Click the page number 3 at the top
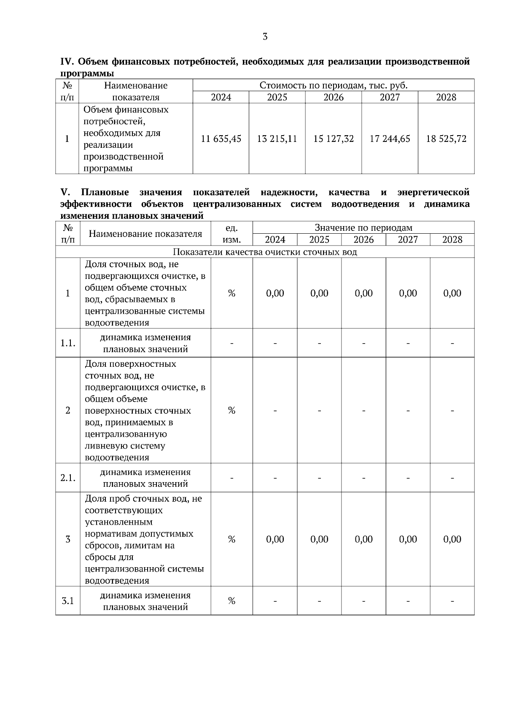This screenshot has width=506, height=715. pos(265,37)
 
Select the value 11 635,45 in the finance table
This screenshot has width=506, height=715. pos(221,139)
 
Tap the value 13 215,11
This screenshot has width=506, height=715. pos(277,139)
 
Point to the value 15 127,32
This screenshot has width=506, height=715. pos(334,139)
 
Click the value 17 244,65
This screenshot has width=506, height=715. pos(390,139)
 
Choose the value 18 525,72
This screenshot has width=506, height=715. pos(446,139)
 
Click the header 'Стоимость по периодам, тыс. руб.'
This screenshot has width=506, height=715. pos(334,85)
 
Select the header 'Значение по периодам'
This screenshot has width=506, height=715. pos(363,228)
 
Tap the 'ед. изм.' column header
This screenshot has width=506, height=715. pos(231,234)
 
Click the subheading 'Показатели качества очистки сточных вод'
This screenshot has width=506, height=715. pos(265,252)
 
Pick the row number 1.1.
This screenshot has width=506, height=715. pos(68,343)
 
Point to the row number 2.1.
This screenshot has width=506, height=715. pos(68,478)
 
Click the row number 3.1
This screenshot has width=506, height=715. pos(68,601)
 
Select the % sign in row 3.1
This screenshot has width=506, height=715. pos(231,601)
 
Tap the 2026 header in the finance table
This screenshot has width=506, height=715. pos(334,97)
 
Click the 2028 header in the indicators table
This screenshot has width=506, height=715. pos(452,240)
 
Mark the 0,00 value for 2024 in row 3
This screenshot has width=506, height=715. pos(275,539)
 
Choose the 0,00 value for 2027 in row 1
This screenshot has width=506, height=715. pos(408,293)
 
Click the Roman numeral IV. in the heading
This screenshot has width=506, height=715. pos(67,62)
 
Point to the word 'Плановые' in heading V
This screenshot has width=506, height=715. pos(105,192)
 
